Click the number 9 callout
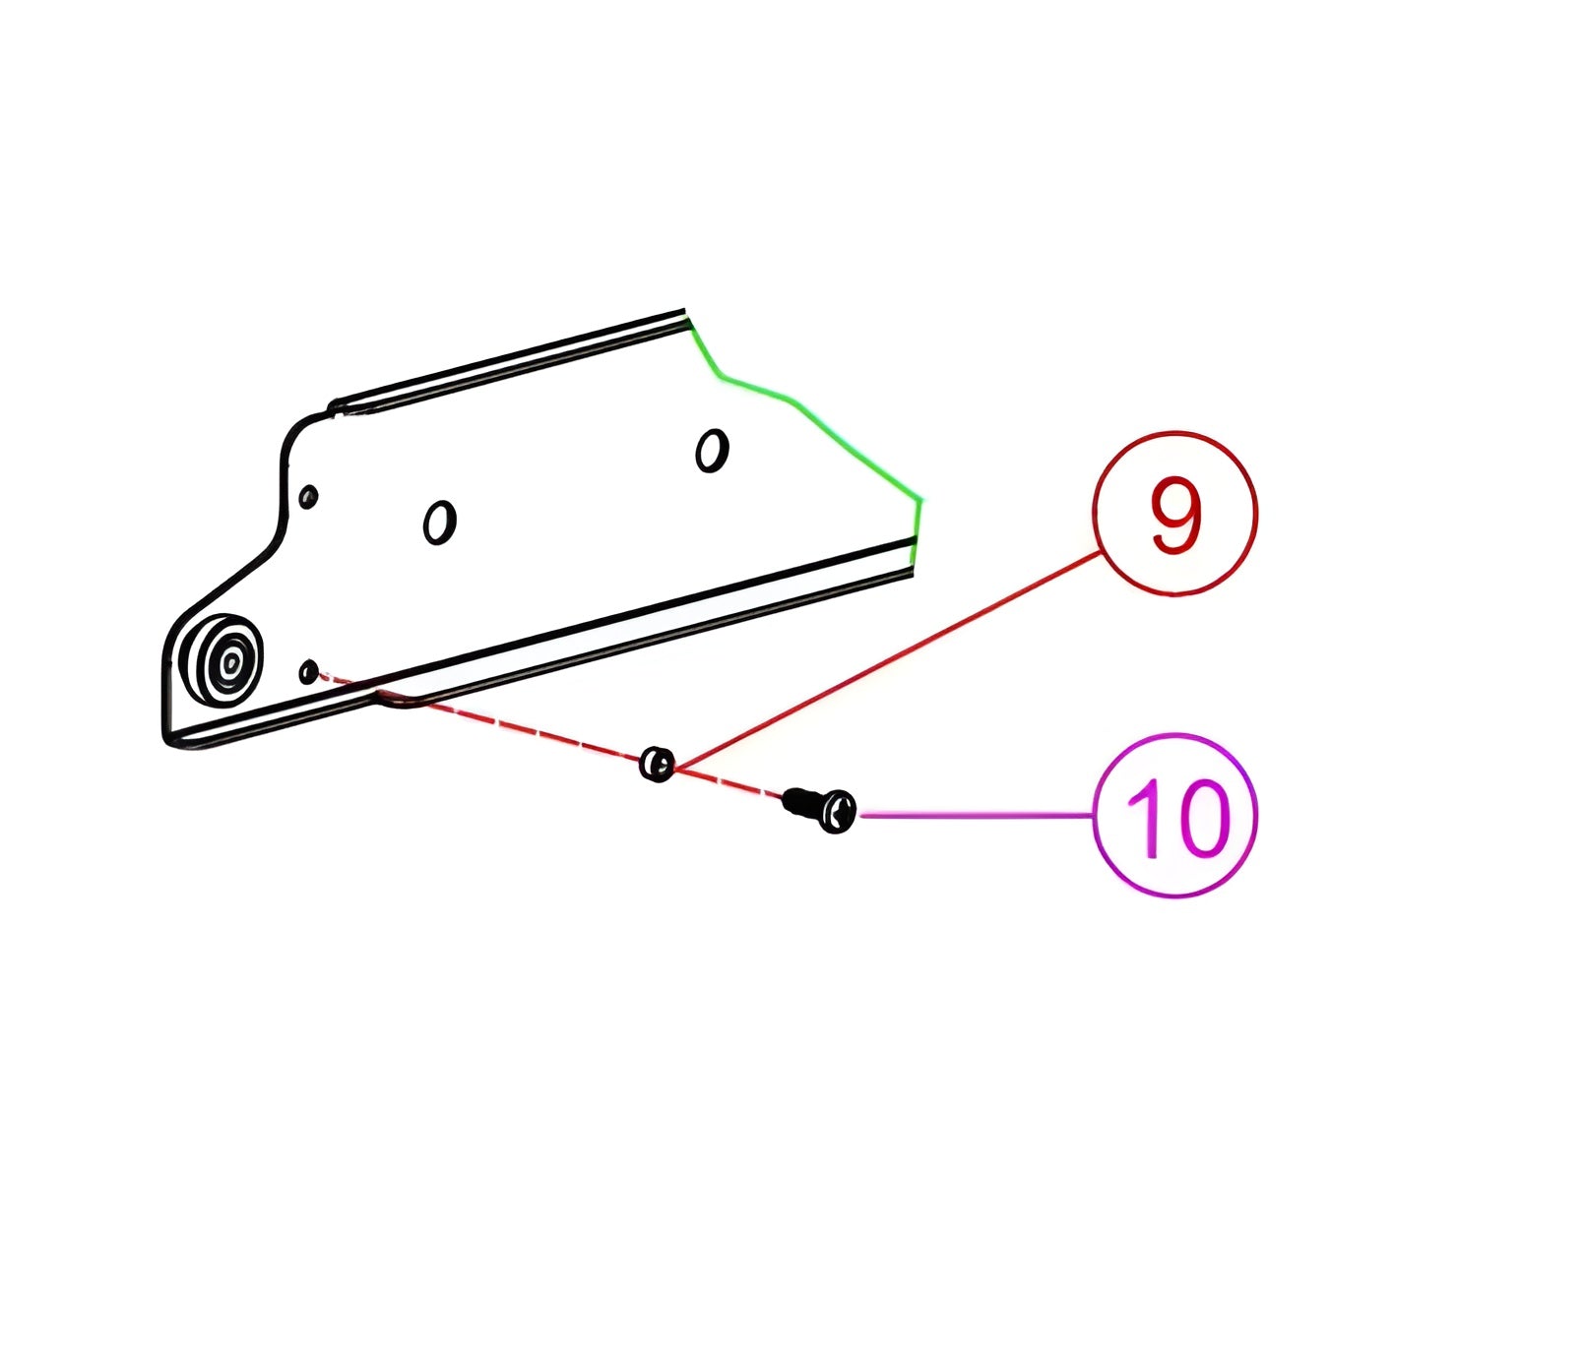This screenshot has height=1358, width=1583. coord(1173,514)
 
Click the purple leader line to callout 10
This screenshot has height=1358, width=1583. coord(975,815)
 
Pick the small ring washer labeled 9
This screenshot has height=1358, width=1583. coord(657,763)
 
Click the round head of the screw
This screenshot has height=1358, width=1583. coord(838,811)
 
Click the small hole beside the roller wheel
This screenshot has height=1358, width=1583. coord(308,672)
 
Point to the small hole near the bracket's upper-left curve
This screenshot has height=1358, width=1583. coord(308,496)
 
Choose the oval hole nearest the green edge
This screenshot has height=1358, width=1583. coord(711,451)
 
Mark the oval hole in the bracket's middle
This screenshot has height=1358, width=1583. coord(439,522)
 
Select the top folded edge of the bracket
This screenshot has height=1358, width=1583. coord(512,359)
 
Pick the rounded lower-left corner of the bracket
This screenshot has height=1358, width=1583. coord(169,733)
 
